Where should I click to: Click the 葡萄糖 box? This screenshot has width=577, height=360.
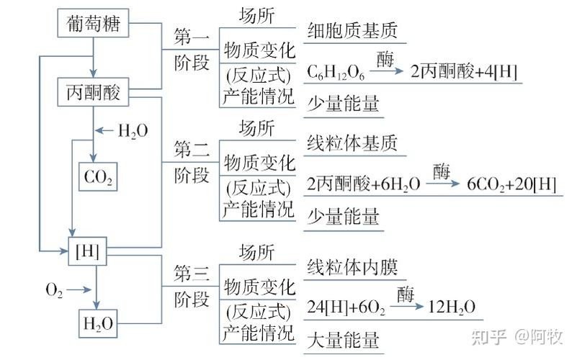click(93, 25)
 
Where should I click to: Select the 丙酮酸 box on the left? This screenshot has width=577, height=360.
click(93, 93)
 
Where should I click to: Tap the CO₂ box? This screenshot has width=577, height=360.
click(98, 176)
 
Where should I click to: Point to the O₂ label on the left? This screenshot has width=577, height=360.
click(55, 290)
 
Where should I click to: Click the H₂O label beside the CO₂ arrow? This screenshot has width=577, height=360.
click(133, 130)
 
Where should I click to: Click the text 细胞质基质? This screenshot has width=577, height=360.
click(352, 31)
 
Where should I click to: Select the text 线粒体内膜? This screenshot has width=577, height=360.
click(352, 267)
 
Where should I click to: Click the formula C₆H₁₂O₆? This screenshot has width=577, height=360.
click(336, 72)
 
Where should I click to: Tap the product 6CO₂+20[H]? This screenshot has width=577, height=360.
click(511, 184)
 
